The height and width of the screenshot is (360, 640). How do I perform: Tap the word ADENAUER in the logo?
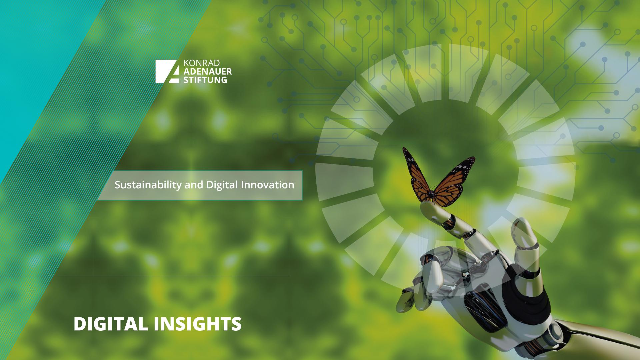[x=208, y=72]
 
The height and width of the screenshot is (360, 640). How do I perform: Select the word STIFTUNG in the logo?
[x=205, y=80]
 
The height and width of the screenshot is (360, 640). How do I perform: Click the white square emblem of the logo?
[x=169, y=71]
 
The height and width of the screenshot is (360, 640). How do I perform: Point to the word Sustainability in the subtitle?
[x=148, y=185]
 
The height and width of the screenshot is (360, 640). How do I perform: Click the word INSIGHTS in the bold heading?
[x=198, y=324]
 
